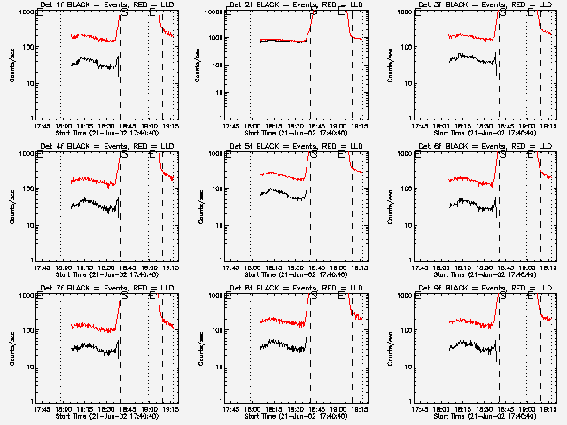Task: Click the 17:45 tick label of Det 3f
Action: [x=419, y=126]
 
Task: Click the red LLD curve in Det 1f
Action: [x=89, y=37]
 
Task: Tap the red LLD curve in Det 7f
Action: [x=89, y=327]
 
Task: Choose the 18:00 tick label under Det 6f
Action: [x=442, y=267]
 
